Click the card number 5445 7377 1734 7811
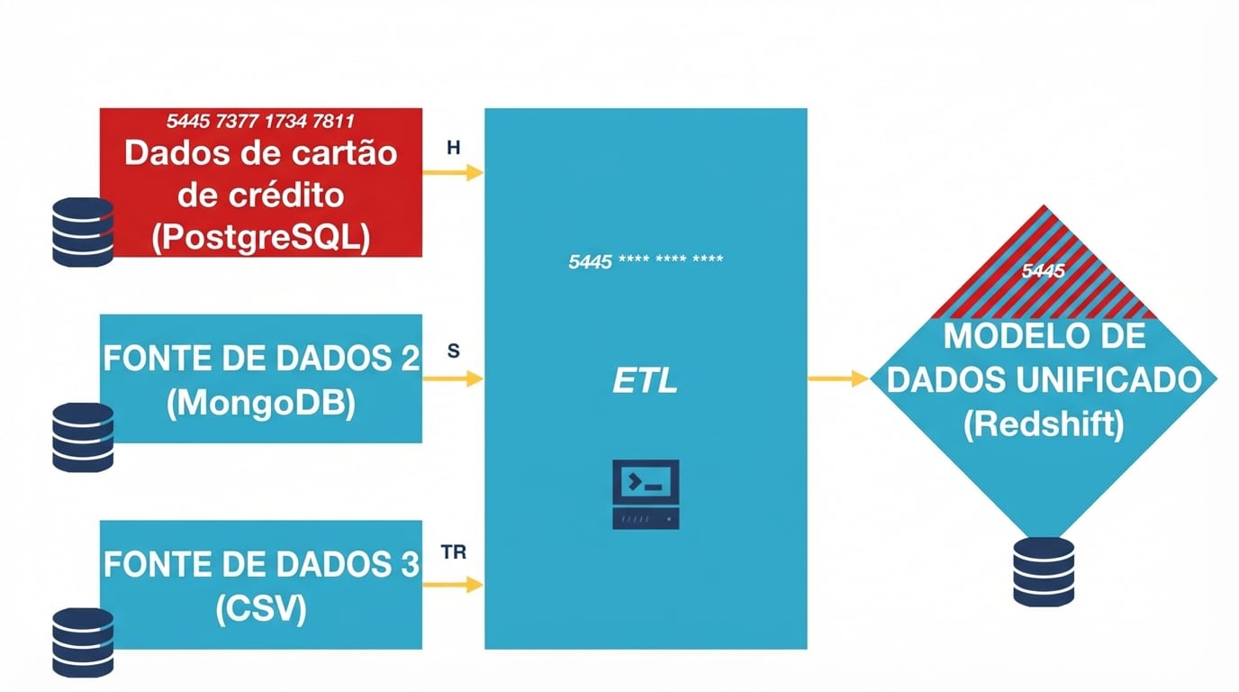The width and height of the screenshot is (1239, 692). tap(260, 121)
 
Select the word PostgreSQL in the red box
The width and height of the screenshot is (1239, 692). tap(261, 238)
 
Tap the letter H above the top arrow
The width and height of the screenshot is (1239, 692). tap(454, 149)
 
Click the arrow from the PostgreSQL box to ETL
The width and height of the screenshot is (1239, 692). tap(453, 173)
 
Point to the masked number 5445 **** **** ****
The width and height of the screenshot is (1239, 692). tap(646, 262)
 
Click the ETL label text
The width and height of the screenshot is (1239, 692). tap(645, 382)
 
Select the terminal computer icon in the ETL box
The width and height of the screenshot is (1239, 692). tap(646, 494)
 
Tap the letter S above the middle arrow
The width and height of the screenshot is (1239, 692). tap(454, 352)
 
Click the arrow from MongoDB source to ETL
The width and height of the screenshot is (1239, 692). tap(453, 379)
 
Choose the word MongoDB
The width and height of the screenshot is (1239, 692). tap(261, 403)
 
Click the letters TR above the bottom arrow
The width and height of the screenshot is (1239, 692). tap(455, 552)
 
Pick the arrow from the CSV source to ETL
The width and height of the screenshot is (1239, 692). tap(453, 585)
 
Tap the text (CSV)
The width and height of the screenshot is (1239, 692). tap(261, 609)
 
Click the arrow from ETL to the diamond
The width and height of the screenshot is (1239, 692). tap(837, 378)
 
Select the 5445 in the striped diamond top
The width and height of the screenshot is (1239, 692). tap(1044, 270)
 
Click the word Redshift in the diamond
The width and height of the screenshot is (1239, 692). tap(1044, 423)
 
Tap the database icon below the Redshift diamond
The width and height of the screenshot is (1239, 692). tap(1044, 571)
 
